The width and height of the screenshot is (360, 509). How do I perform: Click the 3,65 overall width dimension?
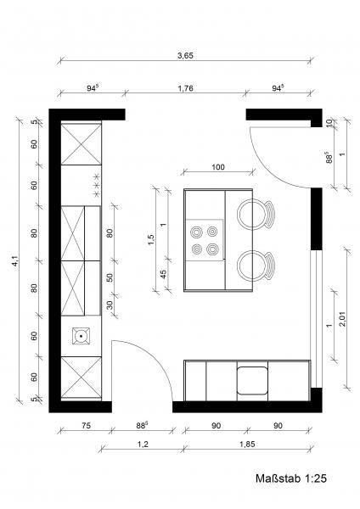click(185, 55)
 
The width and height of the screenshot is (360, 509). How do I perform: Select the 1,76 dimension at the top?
click(186, 88)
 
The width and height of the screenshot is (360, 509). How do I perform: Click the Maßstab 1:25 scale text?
click(290, 478)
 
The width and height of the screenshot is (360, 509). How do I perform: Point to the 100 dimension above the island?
click(218, 167)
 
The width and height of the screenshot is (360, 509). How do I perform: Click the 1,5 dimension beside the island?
click(151, 239)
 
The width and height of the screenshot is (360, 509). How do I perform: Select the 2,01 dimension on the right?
click(342, 319)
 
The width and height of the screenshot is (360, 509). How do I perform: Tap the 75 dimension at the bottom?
click(86, 426)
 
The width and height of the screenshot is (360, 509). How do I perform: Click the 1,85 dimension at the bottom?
click(247, 444)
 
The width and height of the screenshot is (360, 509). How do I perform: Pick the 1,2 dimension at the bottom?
click(143, 444)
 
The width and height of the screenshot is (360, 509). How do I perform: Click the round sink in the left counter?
click(82, 336)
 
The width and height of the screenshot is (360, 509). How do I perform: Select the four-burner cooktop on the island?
click(205, 240)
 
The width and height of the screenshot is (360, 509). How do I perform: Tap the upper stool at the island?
click(256, 215)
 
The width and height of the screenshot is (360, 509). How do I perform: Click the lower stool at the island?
click(256, 266)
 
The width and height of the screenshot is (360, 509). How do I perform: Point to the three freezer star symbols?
click(97, 185)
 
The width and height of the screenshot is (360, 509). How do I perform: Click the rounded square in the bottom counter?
click(252, 380)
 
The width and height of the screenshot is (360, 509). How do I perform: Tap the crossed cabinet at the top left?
click(82, 144)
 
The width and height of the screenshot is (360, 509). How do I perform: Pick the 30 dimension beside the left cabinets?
click(110, 305)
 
